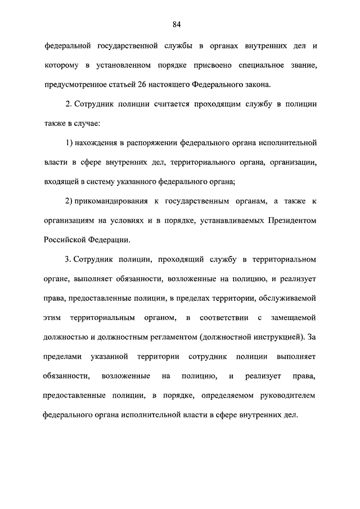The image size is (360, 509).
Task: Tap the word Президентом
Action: click(x=291, y=220)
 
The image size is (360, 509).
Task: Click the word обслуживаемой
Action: click(x=290, y=299)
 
